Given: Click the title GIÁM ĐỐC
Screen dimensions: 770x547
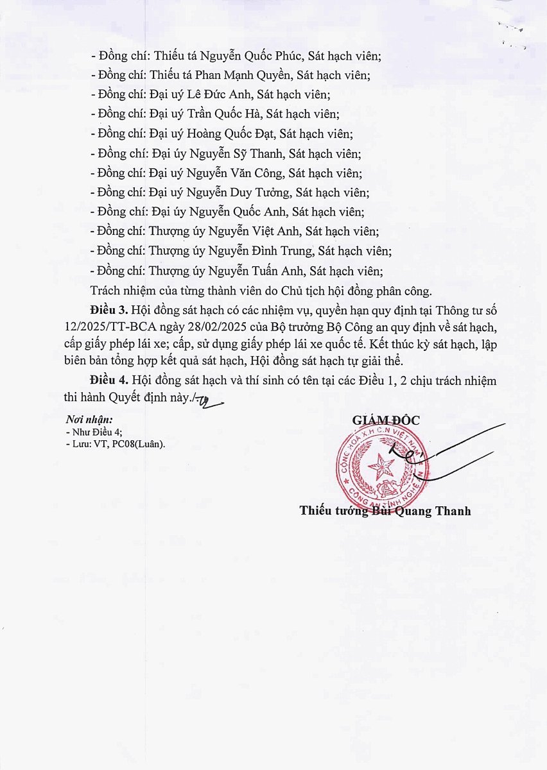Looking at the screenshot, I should pos(385,420).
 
